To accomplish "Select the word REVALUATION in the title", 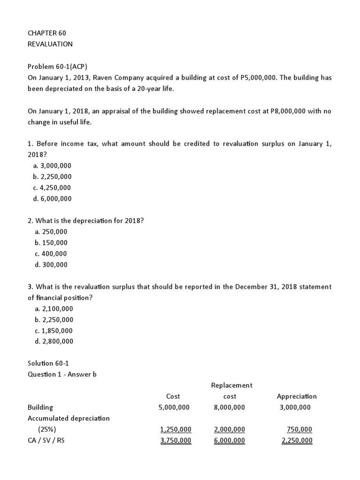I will point(50,44).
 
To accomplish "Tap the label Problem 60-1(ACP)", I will point(57,67).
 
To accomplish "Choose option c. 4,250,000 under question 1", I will point(52,187).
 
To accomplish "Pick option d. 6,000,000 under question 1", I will point(52,199).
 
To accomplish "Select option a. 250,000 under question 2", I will point(51,232).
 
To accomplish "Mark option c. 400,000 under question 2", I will point(51,254).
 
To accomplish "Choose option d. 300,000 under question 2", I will point(51,265).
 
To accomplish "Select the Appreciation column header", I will point(297,397).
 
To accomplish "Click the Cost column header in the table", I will point(173,397).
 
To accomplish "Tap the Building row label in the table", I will point(40,407).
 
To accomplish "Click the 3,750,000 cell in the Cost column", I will point(175,441).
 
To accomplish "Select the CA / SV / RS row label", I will point(46,441).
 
